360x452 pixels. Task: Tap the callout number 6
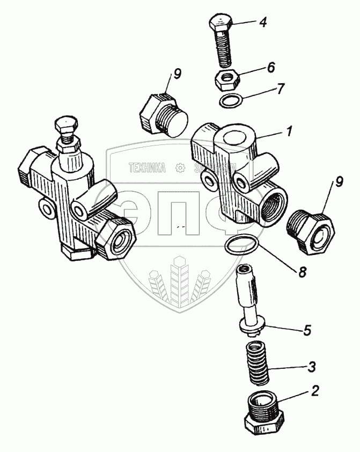271,68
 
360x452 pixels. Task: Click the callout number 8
303,272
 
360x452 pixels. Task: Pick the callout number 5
307,330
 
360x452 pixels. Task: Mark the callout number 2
315,391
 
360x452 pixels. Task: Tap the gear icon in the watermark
180,168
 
